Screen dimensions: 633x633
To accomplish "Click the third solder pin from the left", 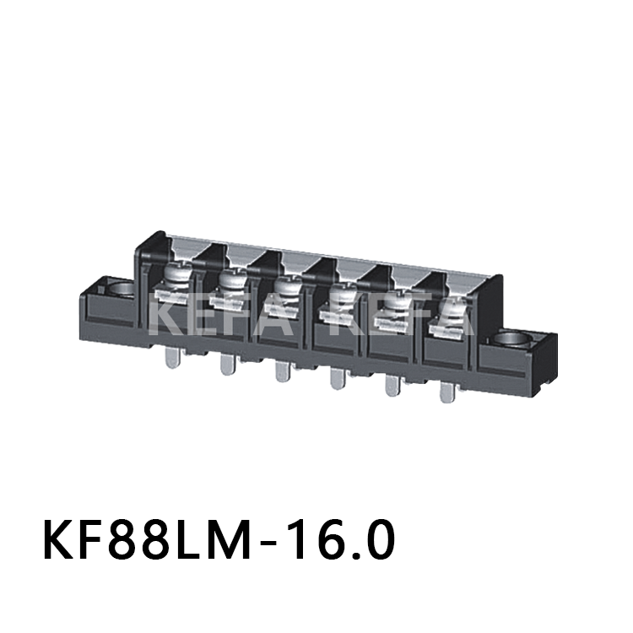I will [281, 371].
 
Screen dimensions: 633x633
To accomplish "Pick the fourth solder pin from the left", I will [337, 379].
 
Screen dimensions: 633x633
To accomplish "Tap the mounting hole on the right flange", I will [513, 341].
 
